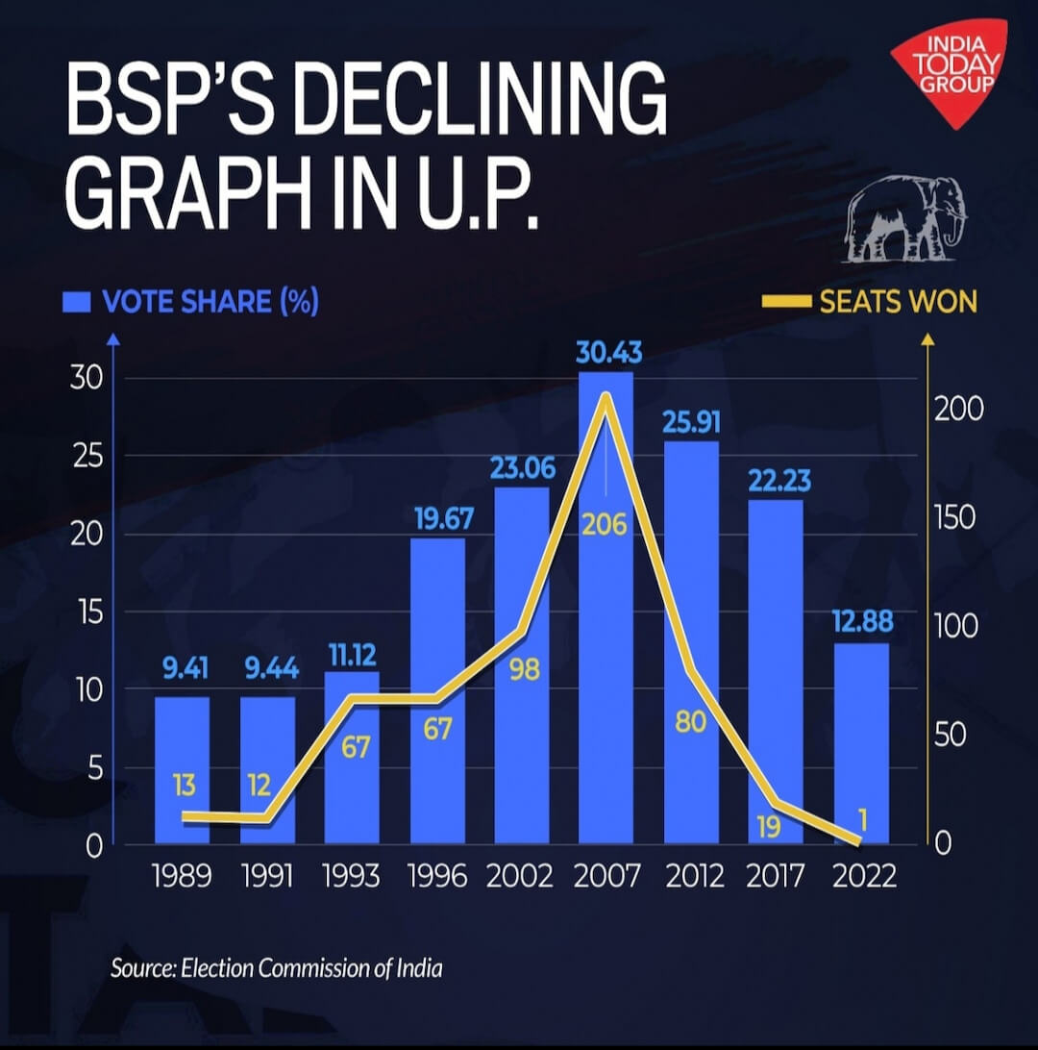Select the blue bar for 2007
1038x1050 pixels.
pyautogui.click(x=605, y=673)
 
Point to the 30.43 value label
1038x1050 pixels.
pyautogui.click(x=608, y=354)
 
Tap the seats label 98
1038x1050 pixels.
pyautogui.click(x=524, y=670)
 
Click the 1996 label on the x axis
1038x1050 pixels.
pyautogui.click(x=437, y=876)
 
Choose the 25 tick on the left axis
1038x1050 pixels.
pyautogui.click(x=88, y=456)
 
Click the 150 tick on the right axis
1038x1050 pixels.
pyautogui.click(x=956, y=517)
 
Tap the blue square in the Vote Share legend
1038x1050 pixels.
pyautogui.click(x=76, y=303)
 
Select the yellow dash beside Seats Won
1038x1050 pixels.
pyautogui.click(x=785, y=303)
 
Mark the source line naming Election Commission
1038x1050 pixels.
pyautogui.click(x=277, y=967)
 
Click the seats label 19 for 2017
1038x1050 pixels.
pyautogui.click(x=768, y=827)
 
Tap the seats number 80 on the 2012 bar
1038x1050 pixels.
pyautogui.click(x=690, y=722)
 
